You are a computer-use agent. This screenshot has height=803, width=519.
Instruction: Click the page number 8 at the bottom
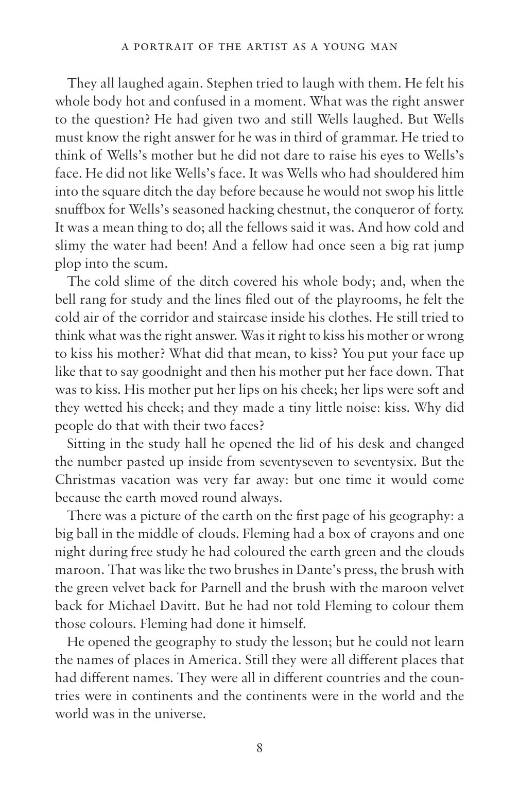pyautogui.click(x=259, y=748)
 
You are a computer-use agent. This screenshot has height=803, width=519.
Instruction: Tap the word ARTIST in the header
pyautogui.click(x=280, y=47)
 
